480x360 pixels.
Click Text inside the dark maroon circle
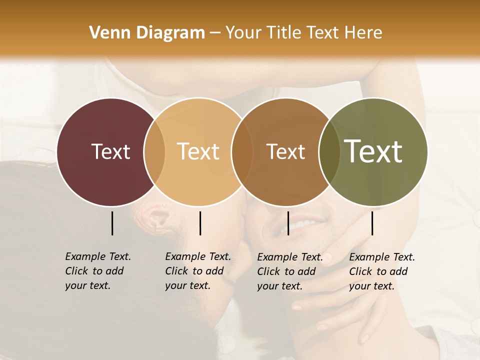pos(110,151)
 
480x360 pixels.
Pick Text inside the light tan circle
pos(198,151)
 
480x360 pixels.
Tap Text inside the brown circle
pos(285,151)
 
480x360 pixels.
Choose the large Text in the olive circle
pos(373,151)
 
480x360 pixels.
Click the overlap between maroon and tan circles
pos(154,151)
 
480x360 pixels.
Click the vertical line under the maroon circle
pos(112,223)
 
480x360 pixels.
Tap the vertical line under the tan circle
pos(200,223)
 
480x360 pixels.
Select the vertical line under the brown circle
pos(288,223)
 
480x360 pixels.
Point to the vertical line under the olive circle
pos(372,223)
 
